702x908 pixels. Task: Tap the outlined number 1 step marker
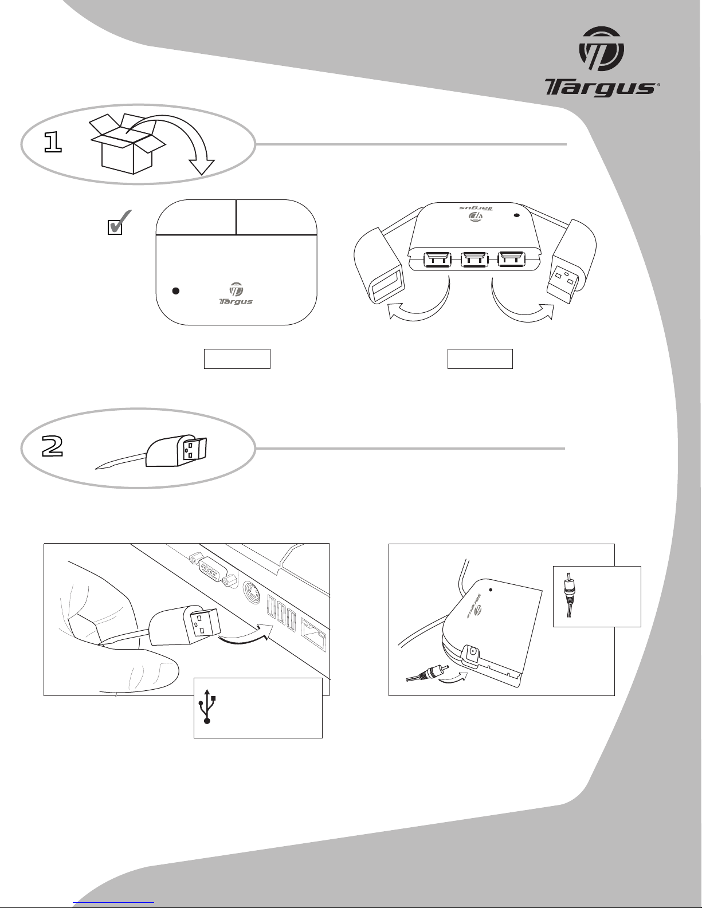53,143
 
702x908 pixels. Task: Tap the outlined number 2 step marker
53,446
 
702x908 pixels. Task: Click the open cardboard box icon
128,144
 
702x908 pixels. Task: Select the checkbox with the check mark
119,222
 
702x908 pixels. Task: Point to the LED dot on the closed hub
176,291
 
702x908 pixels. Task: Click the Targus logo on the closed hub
236,294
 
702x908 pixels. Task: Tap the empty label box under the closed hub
237,359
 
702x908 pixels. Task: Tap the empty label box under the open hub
480,359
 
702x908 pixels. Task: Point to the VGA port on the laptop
214,569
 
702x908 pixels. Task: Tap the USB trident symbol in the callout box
207,706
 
